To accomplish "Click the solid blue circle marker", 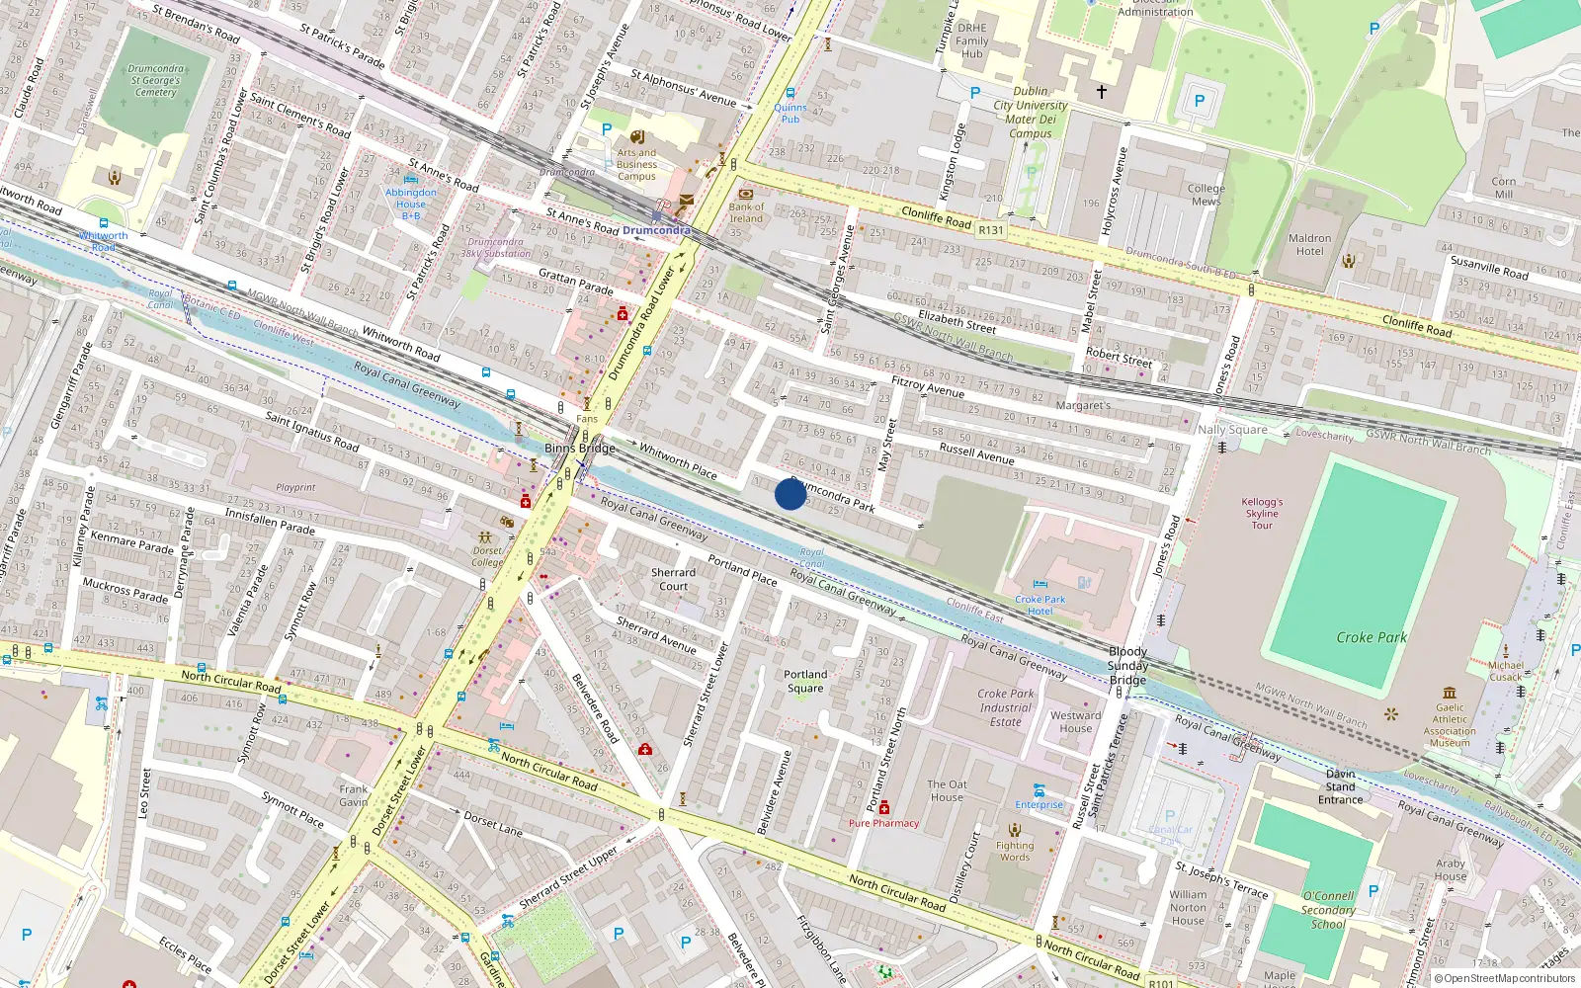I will pos(790,493).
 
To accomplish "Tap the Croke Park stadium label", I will pos(1371,637).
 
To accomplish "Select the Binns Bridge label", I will pos(580,448).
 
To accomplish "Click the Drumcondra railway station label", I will pos(656,230).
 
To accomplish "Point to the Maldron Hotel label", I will pos(1309,244).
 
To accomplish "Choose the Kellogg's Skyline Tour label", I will pos(1262,514).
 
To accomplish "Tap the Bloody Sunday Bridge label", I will pos(1127,665).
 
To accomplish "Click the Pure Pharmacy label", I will pos(883,823).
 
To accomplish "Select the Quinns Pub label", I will pos(790,113).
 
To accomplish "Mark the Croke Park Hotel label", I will pos(1040,605).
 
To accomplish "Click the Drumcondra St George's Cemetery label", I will pos(156,81).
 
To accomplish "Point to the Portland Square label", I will pos(805,681).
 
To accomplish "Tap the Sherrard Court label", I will pos(673,579).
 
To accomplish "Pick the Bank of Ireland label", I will pos(746,212).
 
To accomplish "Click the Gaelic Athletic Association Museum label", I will pos(1450,725).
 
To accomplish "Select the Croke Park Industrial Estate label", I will pos(1006,707).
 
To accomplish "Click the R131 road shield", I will pos(990,230).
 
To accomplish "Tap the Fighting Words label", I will pos(1015,851).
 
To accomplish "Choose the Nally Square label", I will pos(1231,429).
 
